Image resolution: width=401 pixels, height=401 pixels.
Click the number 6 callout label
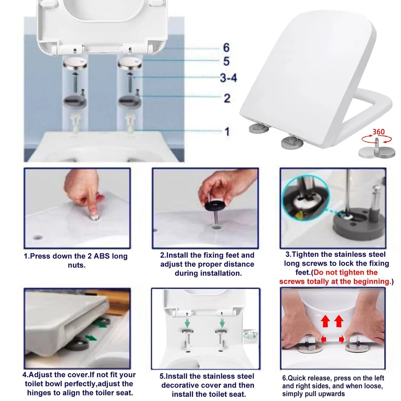(226, 48)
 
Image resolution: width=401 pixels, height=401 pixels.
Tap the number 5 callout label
(226, 62)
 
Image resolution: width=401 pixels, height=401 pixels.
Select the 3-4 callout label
(228, 78)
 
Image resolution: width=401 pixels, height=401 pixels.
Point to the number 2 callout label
(227, 99)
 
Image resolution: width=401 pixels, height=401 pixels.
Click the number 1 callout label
(227, 132)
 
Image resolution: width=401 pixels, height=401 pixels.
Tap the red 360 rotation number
(378, 132)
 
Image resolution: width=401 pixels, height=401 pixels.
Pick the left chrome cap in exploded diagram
(75, 65)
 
